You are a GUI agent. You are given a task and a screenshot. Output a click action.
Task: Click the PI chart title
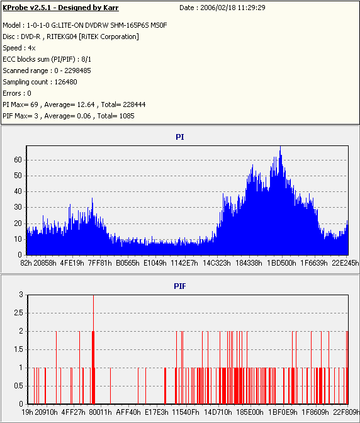point(180,137)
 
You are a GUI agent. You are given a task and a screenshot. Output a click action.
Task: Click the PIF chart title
point(180,286)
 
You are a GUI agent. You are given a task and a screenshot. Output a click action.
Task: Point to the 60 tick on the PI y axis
point(18,160)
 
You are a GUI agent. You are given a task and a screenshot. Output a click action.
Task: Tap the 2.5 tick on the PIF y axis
point(18,313)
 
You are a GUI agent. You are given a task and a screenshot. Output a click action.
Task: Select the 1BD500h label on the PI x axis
point(281,262)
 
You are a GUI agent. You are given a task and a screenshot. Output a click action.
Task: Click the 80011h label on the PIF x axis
point(100,412)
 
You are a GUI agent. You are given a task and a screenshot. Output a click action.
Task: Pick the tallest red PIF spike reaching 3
point(93,349)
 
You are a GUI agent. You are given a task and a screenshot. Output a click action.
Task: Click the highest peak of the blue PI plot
point(281,147)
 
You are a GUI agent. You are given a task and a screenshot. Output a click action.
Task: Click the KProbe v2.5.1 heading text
point(60,8)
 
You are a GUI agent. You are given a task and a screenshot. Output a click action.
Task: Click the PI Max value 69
point(34,104)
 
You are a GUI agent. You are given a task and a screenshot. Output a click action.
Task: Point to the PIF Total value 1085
point(127,116)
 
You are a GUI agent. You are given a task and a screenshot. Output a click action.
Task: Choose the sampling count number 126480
point(66,82)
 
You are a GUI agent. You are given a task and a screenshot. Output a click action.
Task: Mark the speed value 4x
point(32,48)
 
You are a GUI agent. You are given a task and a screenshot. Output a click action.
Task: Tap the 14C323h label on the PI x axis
point(217,262)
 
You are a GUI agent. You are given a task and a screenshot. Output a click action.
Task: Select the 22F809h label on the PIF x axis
point(346,412)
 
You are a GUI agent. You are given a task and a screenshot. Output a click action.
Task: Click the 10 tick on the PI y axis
point(18,239)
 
